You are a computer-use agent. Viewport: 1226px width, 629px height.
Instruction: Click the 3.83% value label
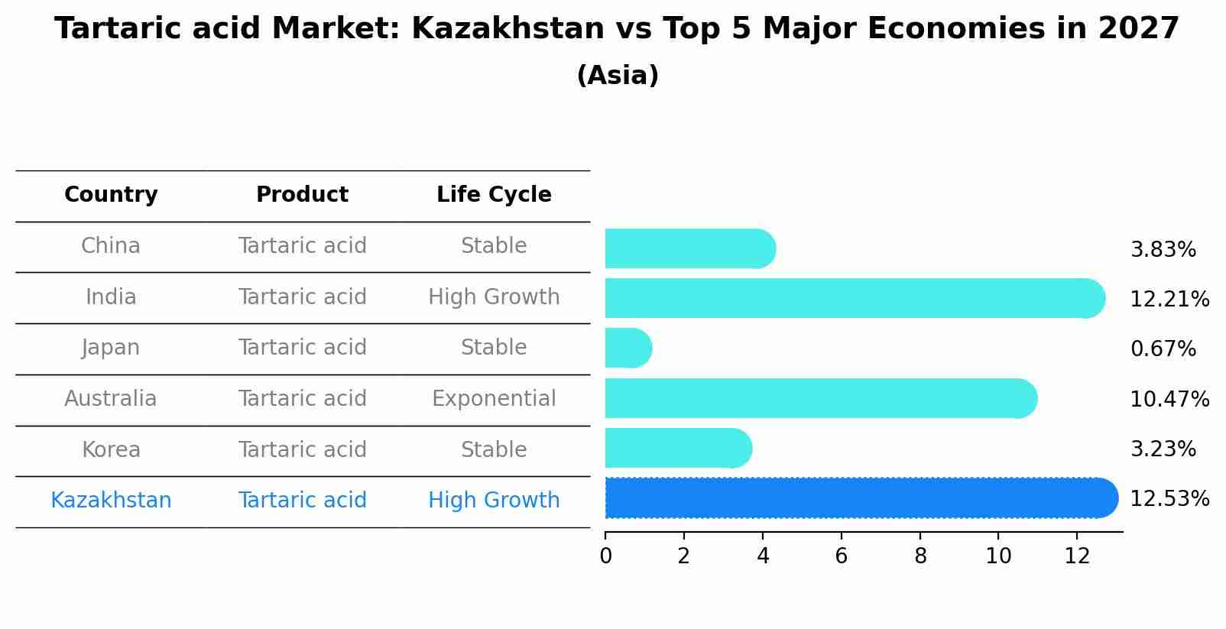tap(1163, 250)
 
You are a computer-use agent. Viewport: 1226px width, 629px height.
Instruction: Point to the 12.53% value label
tap(1169, 499)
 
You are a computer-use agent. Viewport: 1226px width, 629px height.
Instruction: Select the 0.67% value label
tap(1163, 349)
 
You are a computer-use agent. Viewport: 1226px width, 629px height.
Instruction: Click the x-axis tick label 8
tap(920, 556)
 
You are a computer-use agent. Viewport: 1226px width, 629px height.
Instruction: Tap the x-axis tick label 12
tap(1077, 556)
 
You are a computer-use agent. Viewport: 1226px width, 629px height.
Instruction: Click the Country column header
tap(111, 195)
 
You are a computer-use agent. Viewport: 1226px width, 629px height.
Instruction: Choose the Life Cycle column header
tap(494, 195)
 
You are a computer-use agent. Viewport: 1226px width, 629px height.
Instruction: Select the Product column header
tap(302, 195)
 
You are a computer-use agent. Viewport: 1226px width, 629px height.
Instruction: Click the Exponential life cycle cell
tap(494, 399)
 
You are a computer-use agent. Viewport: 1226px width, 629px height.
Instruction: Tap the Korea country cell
tap(111, 449)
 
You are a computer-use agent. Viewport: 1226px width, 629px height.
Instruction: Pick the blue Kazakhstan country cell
tap(111, 501)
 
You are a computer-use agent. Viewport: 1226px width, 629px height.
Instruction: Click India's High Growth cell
tap(494, 297)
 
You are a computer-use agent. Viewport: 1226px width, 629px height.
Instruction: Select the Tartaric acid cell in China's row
tap(302, 246)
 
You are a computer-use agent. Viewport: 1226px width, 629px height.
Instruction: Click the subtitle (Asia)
tap(618, 76)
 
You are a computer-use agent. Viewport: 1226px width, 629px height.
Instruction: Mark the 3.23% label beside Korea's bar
tap(1163, 449)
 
